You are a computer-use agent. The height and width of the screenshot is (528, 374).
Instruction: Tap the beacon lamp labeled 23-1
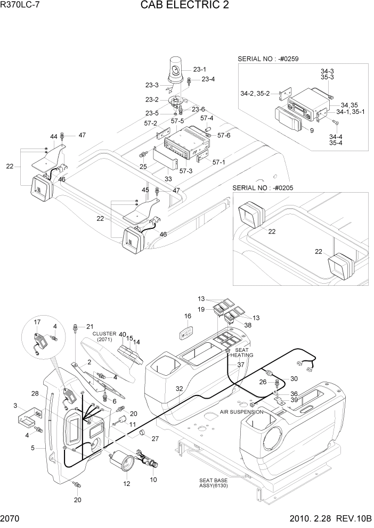click(x=176, y=71)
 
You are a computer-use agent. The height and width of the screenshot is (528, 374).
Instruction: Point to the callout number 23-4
click(x=208, y=79)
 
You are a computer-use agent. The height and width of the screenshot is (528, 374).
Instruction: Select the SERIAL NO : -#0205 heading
click(x=264, y=188)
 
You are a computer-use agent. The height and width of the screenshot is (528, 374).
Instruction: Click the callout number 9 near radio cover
click(x=312, y=130)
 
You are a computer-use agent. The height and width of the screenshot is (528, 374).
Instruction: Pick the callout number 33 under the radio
click(x=168, y=179)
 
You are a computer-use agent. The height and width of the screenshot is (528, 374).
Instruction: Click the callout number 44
click(x=53, y=137)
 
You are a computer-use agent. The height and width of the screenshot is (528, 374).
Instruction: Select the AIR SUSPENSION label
click(x=241, y=411)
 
